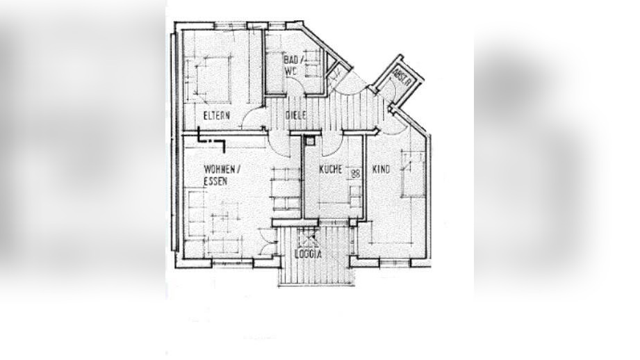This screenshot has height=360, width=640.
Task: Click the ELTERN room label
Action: tap(216, 115)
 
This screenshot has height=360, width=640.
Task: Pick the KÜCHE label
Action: tap(331, 169)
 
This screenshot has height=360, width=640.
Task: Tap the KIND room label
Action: tap(381, 169)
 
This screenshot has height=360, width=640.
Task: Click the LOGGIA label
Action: tap(307, 254)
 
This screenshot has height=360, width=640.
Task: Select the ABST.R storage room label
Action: tap(402, 76)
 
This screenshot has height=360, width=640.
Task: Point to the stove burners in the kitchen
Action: tap(355, 174)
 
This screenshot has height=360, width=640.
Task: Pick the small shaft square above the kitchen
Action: tap(310, 140)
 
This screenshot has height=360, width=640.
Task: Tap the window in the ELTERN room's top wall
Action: tap(229, 26)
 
